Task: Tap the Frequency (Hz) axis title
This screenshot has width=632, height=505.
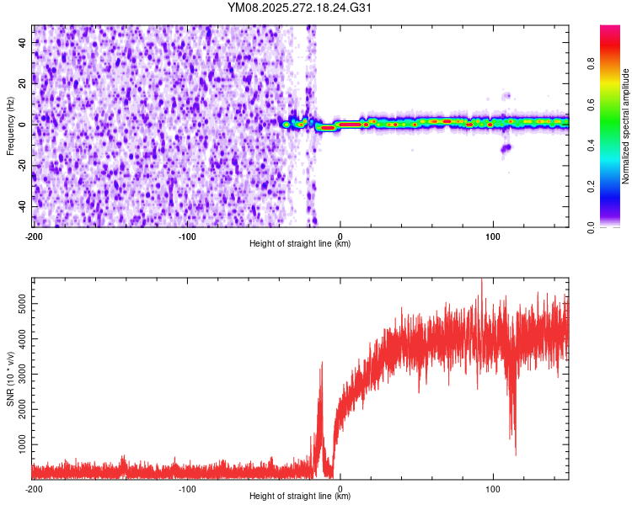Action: [10, 125]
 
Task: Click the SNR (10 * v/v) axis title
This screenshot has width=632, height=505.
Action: [10, 380]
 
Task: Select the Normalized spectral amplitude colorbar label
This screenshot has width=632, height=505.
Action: [626, 126]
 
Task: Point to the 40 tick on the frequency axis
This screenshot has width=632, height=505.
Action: [22, 42]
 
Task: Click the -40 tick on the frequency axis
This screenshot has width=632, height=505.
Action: [20, 206]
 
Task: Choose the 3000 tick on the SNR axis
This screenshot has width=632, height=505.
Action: [17, 371]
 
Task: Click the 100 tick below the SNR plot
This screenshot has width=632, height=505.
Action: [493, 488]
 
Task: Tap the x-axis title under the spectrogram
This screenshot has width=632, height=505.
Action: [300, 244]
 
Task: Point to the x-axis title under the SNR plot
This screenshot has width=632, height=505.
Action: [300, 497]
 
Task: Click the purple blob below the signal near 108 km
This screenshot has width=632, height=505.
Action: [506, 149]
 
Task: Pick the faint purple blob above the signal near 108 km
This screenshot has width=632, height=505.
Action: [506, 96]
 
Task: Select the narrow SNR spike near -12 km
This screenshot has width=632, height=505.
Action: [320, 366]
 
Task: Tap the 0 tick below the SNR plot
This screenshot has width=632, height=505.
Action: [340, 488]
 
